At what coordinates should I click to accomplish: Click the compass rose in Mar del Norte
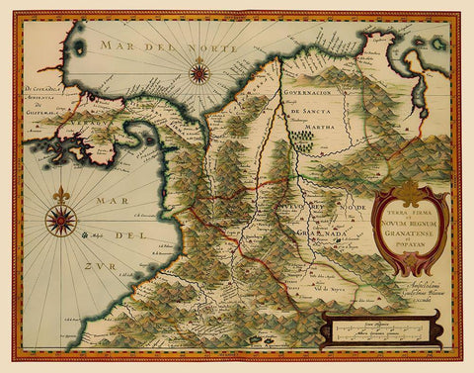coord(199,70)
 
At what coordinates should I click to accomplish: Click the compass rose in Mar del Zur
coord(61,221)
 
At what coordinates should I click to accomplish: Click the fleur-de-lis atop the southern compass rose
coord(61,194)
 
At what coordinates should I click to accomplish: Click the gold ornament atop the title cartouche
coord(407,192)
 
